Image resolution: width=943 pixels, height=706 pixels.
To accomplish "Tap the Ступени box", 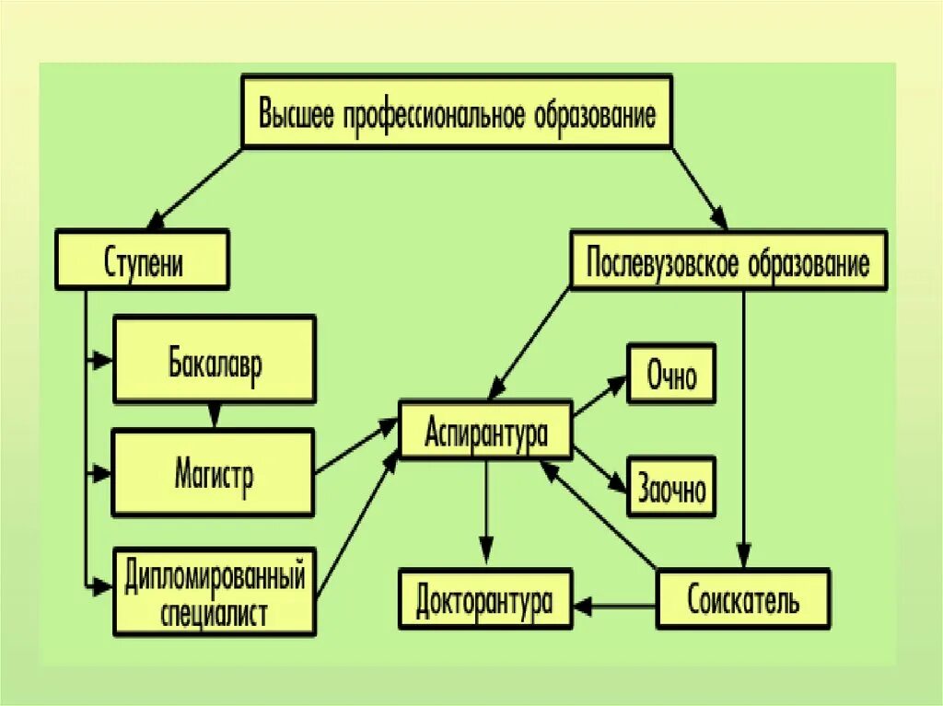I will coord(143,262).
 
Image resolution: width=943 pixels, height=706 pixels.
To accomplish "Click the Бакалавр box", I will coord(215,359).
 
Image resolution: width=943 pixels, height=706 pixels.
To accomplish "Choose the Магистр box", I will coord(214,472).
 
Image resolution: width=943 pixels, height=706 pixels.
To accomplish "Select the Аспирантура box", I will coord(485,429).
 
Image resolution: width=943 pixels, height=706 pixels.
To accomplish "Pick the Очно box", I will coord(671,375).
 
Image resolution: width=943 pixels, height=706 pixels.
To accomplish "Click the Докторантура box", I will coord(484,599).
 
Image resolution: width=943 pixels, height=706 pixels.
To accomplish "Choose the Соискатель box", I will coord(743,599).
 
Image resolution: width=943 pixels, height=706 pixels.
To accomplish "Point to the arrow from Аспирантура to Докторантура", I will coord(486,512).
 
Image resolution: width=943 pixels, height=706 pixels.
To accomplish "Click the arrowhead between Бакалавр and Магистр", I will coord(215,417).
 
